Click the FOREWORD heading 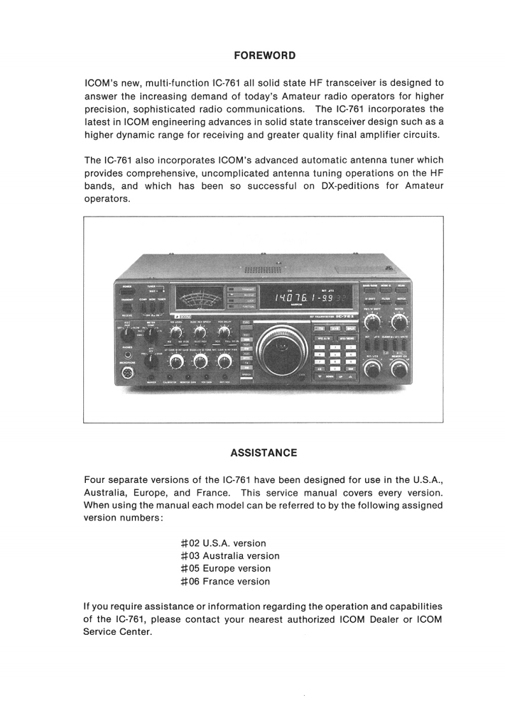pyautogui.click(x=264, y=55)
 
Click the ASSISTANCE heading pyautogui.click(x=263, y=453)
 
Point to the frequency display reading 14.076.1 pyautogui.click(x=300, y=299)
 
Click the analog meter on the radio pyautogui.click(x=197, y=298)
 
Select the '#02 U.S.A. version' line pyautogui.click(x=223, y=543)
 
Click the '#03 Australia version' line pyautogui.click(x=230, y=556)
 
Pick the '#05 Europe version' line pyautogui.click(x=225, y=569)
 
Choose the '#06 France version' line pyautogui.click(x=225, y=581)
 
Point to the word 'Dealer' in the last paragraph pyautogui.click(x=368, y=620)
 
